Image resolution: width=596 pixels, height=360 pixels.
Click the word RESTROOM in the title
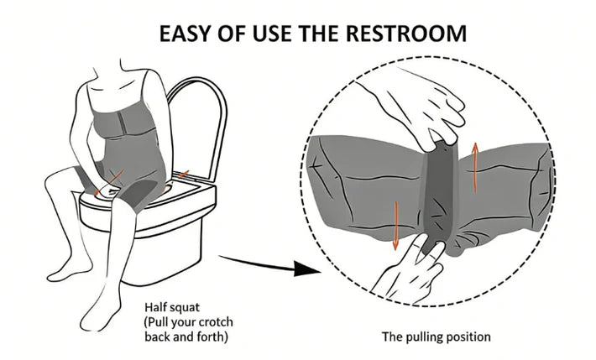click(x=406, y=33)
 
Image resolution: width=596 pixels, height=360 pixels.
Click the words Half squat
click(x=172, y=307)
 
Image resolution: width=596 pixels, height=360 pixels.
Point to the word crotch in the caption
click(x=214, y=322)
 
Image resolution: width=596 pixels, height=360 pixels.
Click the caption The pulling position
click(x=437, y=337)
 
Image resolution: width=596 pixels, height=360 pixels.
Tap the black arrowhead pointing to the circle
click(x=306, y=269)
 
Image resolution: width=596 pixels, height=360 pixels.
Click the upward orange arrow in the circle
click(x=475, y=167)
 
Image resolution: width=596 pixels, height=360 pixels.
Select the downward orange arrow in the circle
click(x=395, y=226)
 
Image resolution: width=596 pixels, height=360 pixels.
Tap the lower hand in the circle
click(x=409, y=266)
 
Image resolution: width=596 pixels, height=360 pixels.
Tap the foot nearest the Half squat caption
click(x=100, y=311)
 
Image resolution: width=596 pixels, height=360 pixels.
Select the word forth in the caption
click(x=212, y=337)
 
